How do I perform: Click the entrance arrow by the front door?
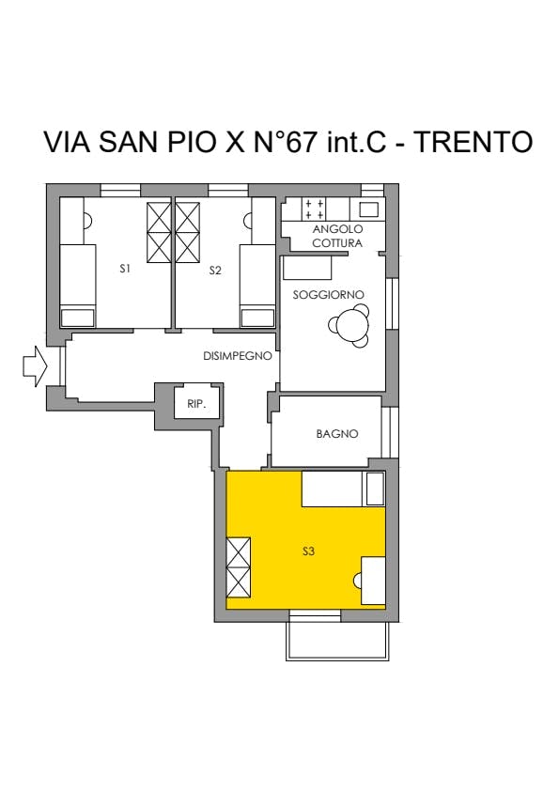[x=35, y=366]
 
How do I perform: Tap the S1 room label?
[x=125, y=269]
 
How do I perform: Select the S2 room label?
[x=215, y=271]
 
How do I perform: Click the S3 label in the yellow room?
[x=308, y=551]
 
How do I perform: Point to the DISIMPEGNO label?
[x=237, y=356]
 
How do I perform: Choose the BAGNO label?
[x=337, y=434]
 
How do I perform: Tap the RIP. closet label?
[x=196, y=404]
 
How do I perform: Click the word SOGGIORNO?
[x=329, y=295]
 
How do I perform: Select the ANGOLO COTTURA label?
[x=337, y=236]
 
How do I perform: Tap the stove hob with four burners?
[x=313, y=209]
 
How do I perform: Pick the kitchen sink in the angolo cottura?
[x=369, y=209]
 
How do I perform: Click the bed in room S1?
[x=78, y=286]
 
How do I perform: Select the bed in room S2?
[x=257, y=286]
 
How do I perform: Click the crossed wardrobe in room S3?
[x=238, y=567]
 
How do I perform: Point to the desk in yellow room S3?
[x=373, y=581]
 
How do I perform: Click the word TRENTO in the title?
[x=474, y=142]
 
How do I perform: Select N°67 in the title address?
[x=285, y=142]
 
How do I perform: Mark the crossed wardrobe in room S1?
[x=159, y=232]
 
